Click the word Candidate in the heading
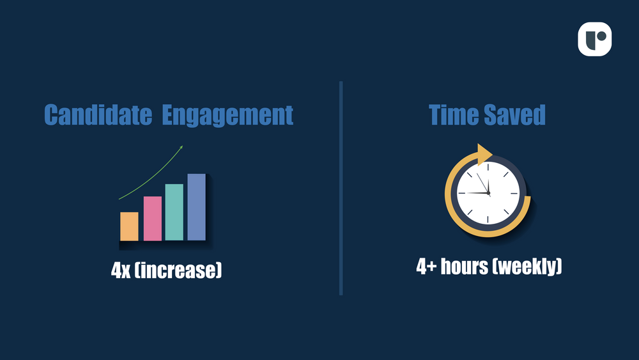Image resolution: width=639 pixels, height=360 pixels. pyautogui.click(x=98, y=114)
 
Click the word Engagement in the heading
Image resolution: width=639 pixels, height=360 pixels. pyautogui.click(x=227, y=115)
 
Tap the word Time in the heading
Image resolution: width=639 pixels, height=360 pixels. pyautogui.click(x=454, y=114)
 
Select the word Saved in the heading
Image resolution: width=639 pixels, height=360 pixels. pyautogui.click(x=514, y=114)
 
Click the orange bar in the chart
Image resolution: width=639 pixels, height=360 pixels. pyautogui.click(x=129, y=226)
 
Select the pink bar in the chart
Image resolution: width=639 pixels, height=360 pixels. pyautogui.click(x=153, y=219)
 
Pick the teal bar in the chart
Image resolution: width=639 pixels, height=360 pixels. pyautogui.click(x=174, y=212)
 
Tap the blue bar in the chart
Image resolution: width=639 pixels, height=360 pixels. pyautogui.click(x=196, y=207)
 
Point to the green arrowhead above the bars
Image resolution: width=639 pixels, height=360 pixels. pyautogui.click(x=181, y=147)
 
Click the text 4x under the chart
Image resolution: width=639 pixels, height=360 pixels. pyautogui.click(x=121, y=270)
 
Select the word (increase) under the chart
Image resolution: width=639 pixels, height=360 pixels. pyautogui.click(x=178, y=270)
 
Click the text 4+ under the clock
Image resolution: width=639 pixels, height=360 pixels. pyautogui.click(x=426, y=267)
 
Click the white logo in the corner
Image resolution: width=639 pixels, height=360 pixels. pyautogui.click(x=594, y=39)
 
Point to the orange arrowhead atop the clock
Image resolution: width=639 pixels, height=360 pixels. pyautogui.click(x=484, y=154)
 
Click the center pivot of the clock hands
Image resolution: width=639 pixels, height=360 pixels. pyautogui.click(x=488, y=193)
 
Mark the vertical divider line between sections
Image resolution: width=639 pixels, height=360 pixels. pyautogui.click(x=341, y=188)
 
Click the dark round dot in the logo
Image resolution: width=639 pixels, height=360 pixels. pyautogui.click(x=601, y=36)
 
